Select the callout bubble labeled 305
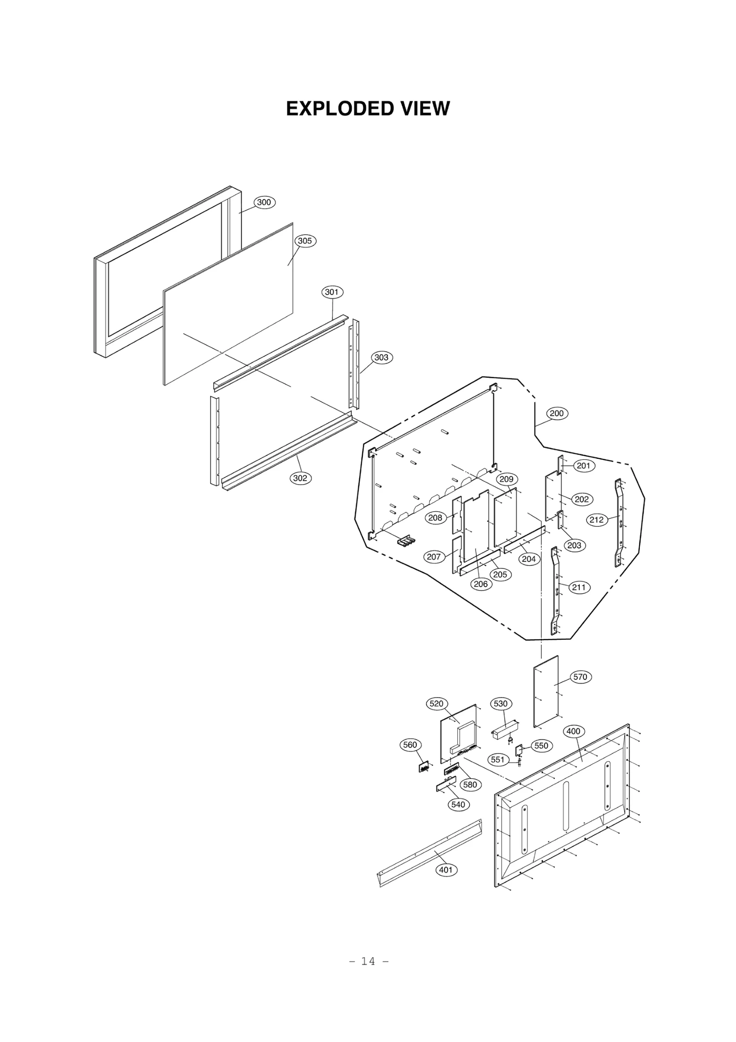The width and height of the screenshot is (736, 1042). click(305, 241)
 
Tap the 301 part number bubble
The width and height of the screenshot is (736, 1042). click(332, 292)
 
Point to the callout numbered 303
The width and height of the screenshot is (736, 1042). click(381, 357)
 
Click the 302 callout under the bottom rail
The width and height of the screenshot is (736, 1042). click(300, 478)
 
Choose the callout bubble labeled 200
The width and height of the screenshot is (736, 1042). click(557, 413)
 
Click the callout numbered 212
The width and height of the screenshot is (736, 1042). click(596, 520)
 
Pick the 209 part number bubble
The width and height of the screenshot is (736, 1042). click(506, 479)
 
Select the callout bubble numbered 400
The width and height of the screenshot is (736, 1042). click(573, 731)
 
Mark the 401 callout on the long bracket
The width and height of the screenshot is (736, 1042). click(445, 869)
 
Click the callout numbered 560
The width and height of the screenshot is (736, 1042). click(409, 745)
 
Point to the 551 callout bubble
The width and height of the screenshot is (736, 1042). click(498, 759)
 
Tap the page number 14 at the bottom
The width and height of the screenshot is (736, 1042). click(368, 961)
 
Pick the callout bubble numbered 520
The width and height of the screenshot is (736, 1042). click(436, 703)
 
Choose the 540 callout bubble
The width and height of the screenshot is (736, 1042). click(458, 804)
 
